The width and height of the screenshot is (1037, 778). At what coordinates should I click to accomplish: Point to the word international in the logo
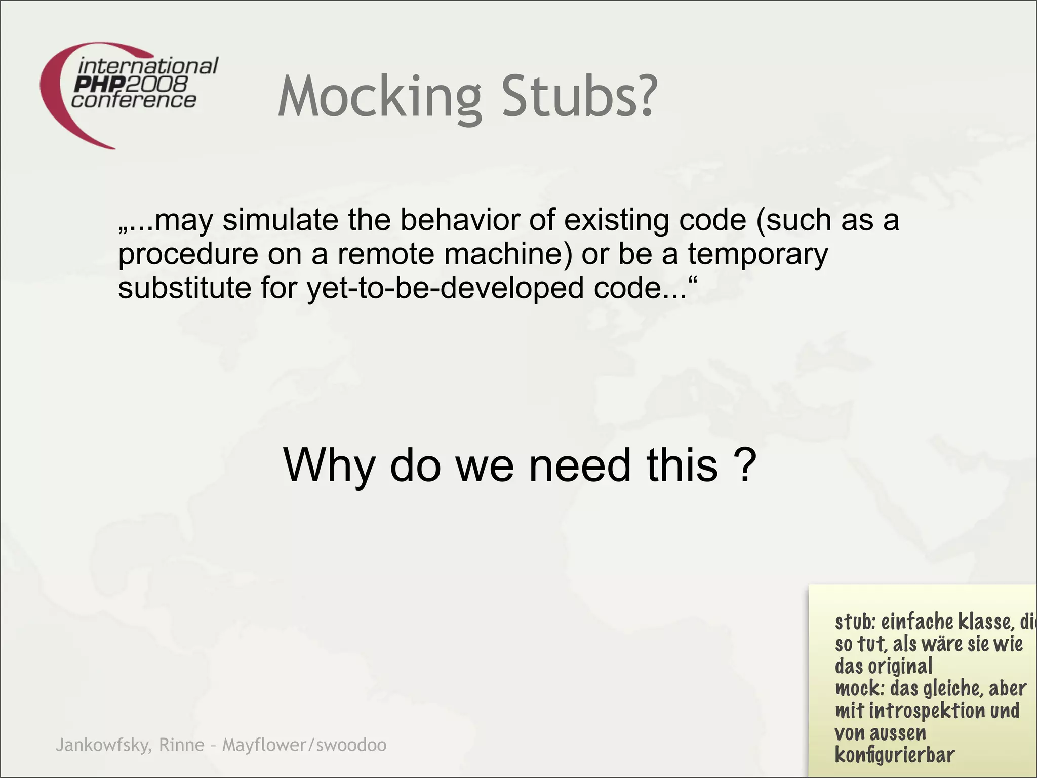pyautogui.click(x=148, y=66)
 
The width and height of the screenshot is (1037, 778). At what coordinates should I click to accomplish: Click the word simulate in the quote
pyautogui.click(x=280, y=220)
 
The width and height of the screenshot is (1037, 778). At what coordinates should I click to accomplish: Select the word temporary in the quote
pyautogui.click(x=757, y=255)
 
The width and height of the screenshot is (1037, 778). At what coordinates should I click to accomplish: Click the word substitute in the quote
pyautogui.click(x=184, y=288)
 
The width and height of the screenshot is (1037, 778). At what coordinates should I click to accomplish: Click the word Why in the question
pyautogui.click(x=329, y=465)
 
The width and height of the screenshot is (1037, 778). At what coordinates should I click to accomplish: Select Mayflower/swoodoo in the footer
pyautogui.click(x=304, y=745)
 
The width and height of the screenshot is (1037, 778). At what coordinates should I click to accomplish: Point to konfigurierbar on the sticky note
pyautogui.click(x=894, y=755)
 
